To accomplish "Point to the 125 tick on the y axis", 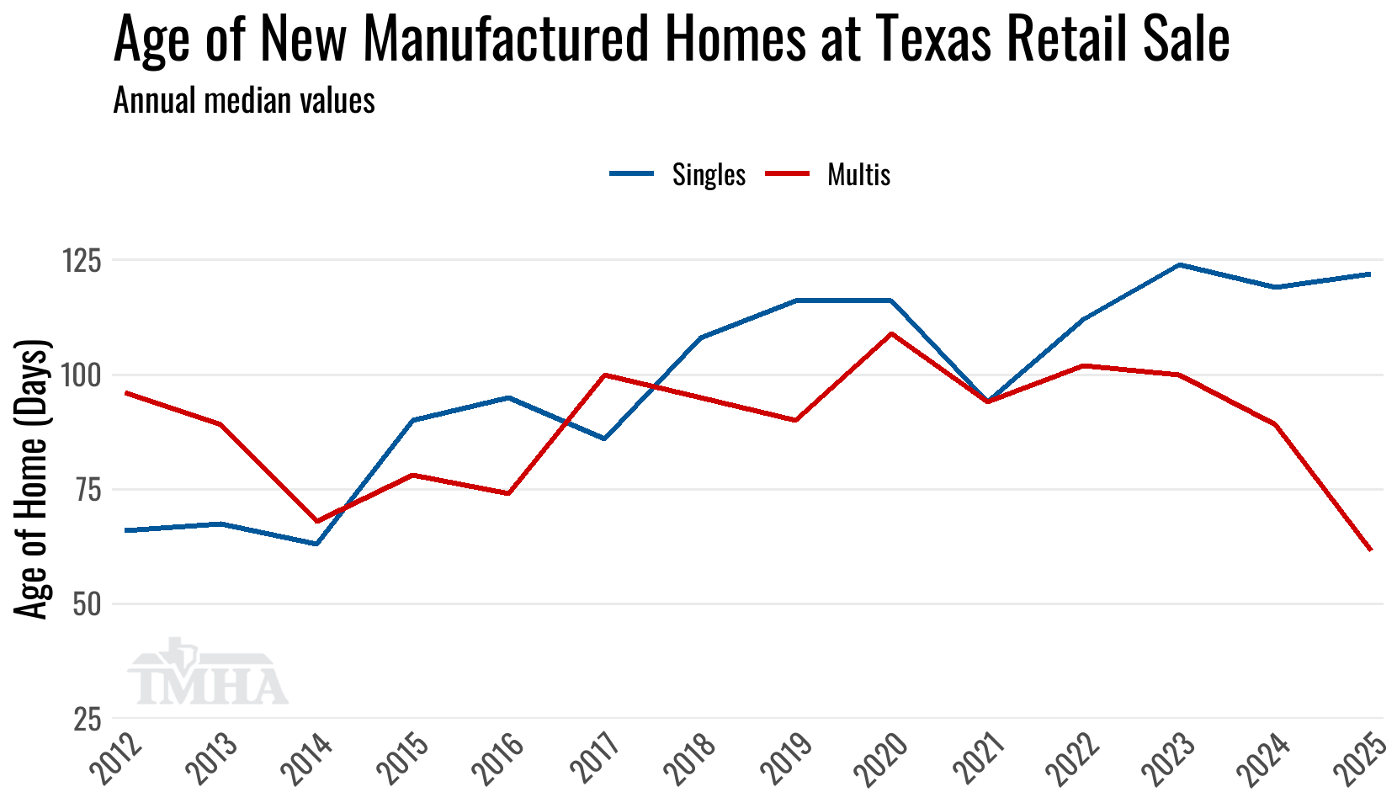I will [82, 261].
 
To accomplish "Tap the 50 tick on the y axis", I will [86, 604].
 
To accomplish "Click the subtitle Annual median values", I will [244, 101].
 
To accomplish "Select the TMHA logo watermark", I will [207, 676].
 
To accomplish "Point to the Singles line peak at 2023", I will [1180, 265].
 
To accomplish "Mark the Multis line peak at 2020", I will [892, 333].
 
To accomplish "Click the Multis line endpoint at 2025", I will [1371, 550].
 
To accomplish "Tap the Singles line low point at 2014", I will [316, 544].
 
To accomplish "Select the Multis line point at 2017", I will [604, 375].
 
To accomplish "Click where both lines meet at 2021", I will [988, 401].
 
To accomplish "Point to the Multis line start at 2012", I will [125, 393].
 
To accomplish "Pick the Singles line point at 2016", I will [508, 397].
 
